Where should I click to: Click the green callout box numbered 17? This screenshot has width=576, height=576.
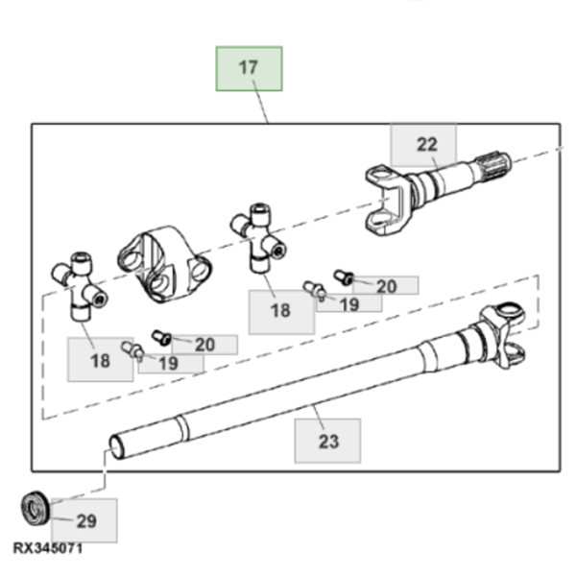point(249,69)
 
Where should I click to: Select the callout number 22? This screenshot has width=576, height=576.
point(427,144)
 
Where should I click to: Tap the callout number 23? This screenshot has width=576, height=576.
point(328,442)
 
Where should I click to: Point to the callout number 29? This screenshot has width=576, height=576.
point(86,521)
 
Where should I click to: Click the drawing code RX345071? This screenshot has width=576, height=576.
point(48,548)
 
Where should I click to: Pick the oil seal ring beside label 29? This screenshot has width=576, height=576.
point(36,508)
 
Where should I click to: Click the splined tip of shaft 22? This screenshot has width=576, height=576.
point(493,166)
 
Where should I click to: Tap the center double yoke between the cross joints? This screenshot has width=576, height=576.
point(164,264)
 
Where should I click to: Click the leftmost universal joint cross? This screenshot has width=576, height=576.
point(80,286)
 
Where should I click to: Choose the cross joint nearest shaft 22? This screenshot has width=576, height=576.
point(258,238)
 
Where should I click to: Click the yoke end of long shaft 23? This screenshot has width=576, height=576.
point(502,335)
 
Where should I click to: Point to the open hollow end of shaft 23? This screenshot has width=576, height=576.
point(116,446)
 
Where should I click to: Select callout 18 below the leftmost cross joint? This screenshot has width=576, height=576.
point(100,360)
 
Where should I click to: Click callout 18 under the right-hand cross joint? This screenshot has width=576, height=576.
point(280,310)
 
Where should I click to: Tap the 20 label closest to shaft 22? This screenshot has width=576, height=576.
point(387,286)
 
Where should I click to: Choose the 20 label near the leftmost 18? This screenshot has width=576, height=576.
point(204,345)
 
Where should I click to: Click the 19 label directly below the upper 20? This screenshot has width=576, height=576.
point(349,304)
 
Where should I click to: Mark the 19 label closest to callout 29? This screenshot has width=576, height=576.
point(168,364)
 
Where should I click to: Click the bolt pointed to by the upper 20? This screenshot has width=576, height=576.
point(344,277)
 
